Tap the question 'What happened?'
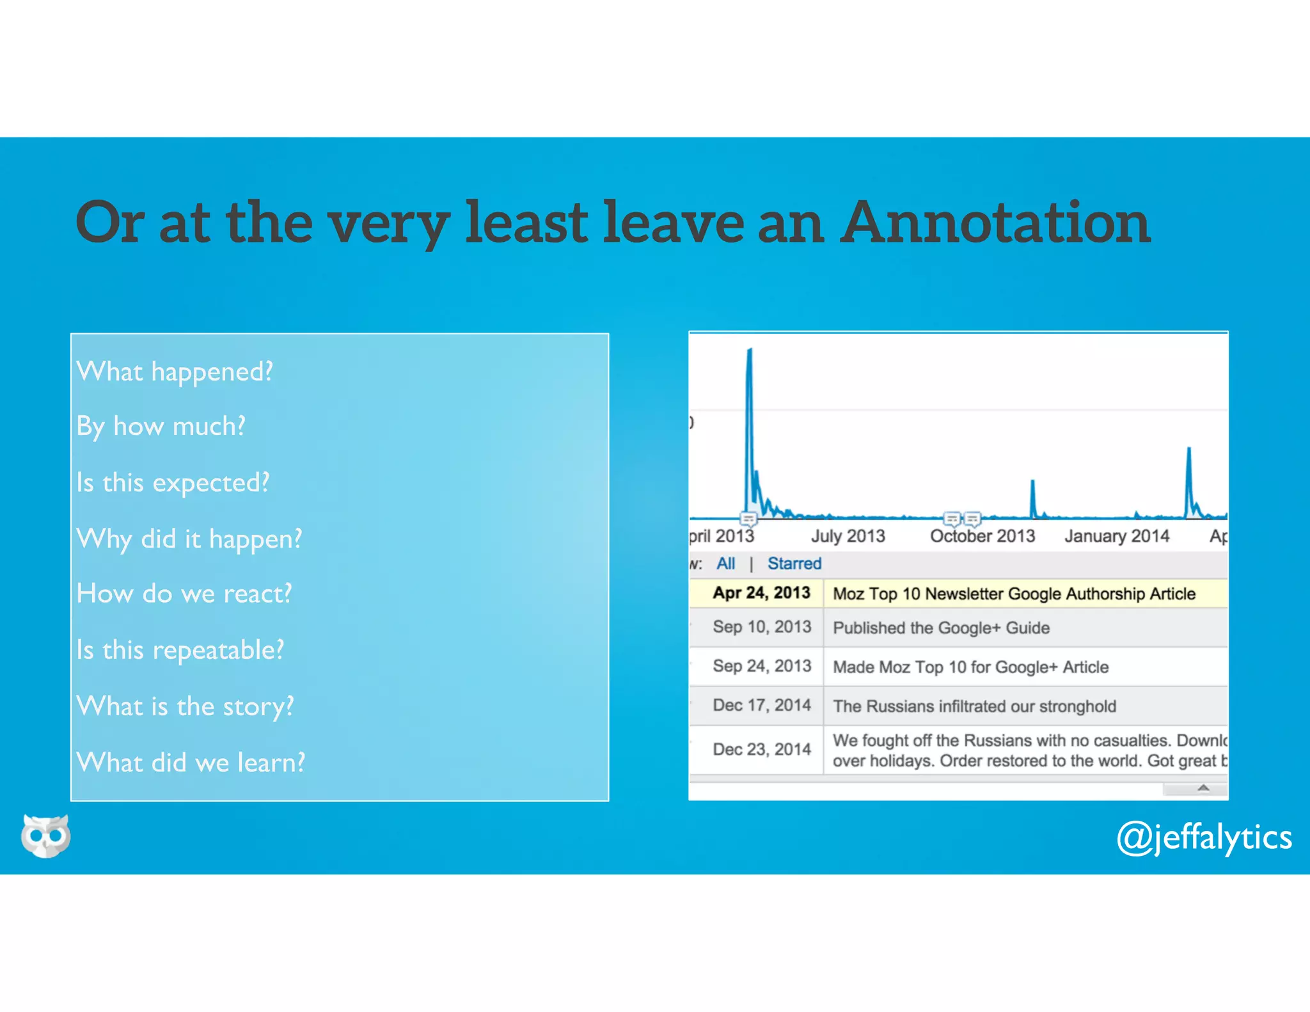[175, 372]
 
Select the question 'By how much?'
[161, 427]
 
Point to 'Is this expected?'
[173, 483]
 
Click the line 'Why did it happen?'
[189, 539]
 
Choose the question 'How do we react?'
[184, 594]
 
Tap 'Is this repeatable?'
[180, 651]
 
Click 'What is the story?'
[185, 707]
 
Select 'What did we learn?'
[191, 763]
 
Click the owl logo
[45, 835]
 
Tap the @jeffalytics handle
[1204, 838]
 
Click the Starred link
[794, 564]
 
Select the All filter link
[725, 564]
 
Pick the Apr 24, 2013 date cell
[761, 593]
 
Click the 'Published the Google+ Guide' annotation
[941, 628]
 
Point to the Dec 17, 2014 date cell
[761, 706]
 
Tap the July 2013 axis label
[848, 536]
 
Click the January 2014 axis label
[1117, 536]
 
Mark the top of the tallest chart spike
[750, 350]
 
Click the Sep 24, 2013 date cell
[761, 667]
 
